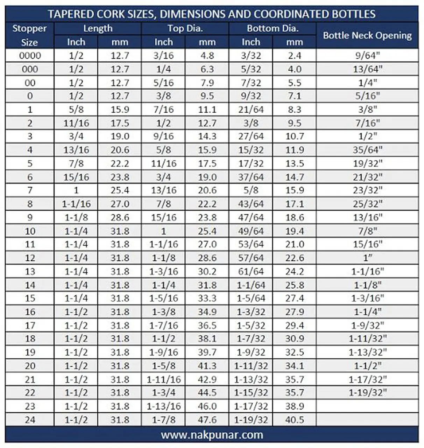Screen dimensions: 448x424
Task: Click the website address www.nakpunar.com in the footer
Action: [x=212, y=435]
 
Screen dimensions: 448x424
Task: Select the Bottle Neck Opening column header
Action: [x=367, y=35]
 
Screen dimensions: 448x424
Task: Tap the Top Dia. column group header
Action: [x=185, y=28]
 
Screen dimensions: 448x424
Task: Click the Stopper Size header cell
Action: [x=29, y=35]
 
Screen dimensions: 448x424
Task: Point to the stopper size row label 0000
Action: [x=30, y=56]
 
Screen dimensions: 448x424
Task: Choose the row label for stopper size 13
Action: [x=30, y=272]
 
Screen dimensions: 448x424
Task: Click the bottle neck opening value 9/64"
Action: [x=367, y=56]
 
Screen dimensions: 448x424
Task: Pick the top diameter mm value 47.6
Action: [x=207, y=420]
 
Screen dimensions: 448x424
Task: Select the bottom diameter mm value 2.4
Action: [x=294, y=56]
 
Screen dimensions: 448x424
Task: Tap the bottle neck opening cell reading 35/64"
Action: [x=367, y=150]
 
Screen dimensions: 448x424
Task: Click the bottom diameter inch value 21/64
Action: [x=251, y=110]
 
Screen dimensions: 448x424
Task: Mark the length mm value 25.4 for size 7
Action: [x=120, y=190]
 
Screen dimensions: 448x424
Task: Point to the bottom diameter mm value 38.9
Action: [x=294, y=406]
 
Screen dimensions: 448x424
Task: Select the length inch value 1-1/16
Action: [x=76, y=204]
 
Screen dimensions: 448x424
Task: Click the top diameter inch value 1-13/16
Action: [x=163, y=406]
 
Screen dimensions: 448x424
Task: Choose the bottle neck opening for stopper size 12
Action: [x=367, y=258]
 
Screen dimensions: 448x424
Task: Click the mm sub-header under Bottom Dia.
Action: [x=294, y=42]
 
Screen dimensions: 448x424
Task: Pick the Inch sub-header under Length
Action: [x=76, y=42]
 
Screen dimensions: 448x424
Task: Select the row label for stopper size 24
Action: [x=30, y=420]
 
